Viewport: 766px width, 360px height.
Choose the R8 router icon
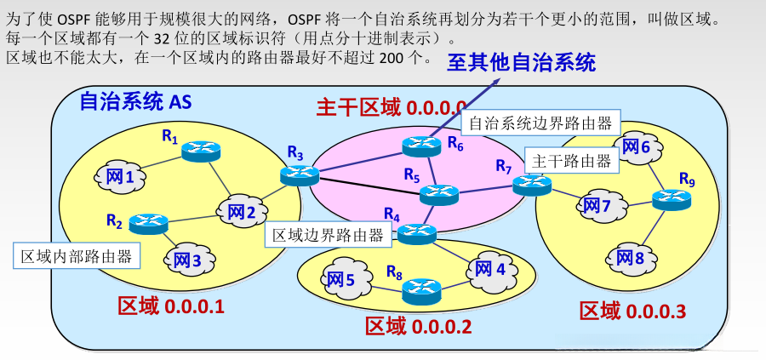pyautogui.click(x=420, y=292)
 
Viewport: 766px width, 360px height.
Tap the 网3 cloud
pyautogui.click(x=186, y=260)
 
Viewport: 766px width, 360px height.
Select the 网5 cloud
pyautogui.click(x=340, y=278)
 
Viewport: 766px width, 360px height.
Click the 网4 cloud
pyautogui.click(x=489, y=270)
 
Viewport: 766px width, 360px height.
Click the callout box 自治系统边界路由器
pyautogui.click(x=540, y=123)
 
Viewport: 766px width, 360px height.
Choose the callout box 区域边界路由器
pyautogui.click(x=328, y=235)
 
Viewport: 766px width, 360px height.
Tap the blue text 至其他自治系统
pyautogui.click(x=522, y=62)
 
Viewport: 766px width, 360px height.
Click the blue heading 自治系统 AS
pyautogui.click(x=135, y=102)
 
